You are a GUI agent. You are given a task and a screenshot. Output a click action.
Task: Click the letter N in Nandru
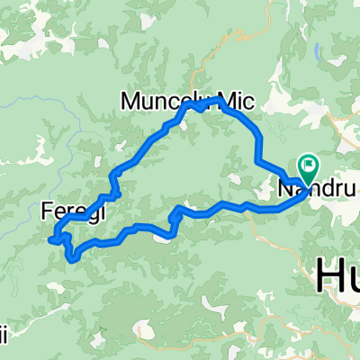[283, 190]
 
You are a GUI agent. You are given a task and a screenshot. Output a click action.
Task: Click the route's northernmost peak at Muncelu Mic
[188, 104]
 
